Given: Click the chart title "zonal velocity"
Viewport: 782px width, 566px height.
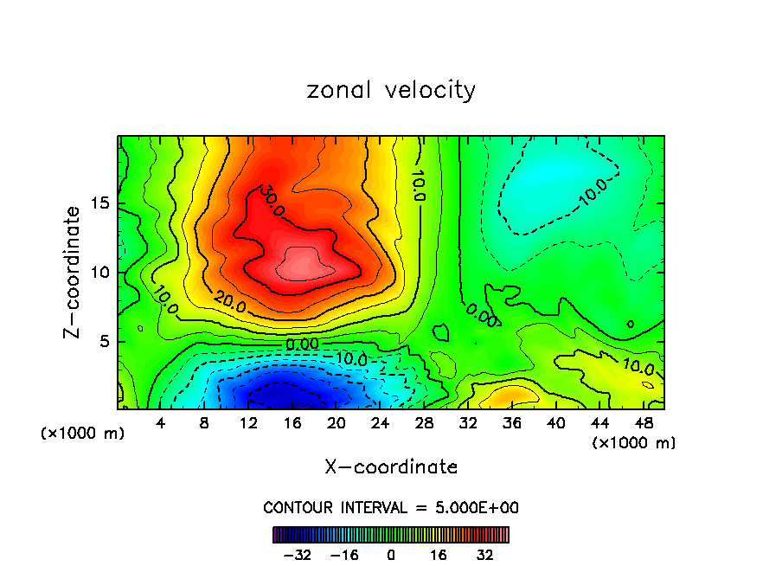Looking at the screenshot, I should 391,90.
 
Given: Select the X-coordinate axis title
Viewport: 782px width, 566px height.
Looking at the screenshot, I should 391,467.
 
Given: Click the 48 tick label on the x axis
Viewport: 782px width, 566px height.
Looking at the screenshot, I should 644,424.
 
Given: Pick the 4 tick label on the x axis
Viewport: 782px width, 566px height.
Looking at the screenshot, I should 161,424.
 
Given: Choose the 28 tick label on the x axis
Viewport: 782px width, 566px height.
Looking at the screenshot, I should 425,424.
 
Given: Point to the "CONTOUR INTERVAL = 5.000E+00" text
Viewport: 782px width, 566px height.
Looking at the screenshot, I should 391,507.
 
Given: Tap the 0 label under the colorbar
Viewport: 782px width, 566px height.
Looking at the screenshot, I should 391,555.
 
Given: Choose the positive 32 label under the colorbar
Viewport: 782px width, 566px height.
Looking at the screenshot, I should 484,555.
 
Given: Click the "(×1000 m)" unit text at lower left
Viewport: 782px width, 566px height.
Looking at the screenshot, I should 83,434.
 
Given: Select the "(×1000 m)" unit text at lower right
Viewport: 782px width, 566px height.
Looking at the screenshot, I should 634,443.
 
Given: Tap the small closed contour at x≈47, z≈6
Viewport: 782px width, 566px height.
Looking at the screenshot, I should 630,324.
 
